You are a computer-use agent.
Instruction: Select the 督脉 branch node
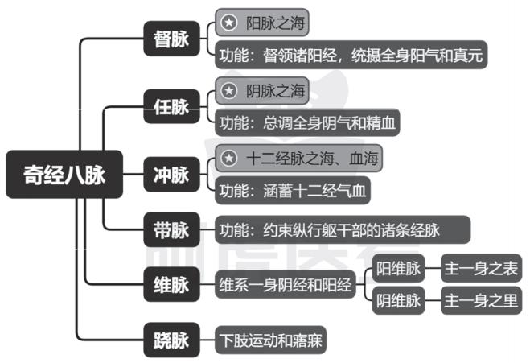tap(171, 39)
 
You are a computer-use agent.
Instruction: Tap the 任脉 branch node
tap(171, 105)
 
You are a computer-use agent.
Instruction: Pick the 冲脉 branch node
tap(171, 173)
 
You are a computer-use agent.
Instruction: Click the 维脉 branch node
tap(171, 285)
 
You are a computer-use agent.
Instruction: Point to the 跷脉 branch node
tap(171, 339)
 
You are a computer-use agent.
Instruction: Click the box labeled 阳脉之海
tap(266, 22)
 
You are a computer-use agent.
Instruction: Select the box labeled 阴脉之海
tap(266, 90)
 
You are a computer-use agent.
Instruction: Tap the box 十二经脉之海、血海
tap(298, 158)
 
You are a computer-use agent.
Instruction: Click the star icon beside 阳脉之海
tap(230, 22)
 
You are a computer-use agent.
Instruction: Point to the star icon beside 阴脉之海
tap(230, 90)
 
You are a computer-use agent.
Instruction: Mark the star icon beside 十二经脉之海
tap(230, 158)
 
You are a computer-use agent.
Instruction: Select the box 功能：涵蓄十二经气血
tap(294, 191)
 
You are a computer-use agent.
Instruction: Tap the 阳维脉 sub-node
tap(400, 269)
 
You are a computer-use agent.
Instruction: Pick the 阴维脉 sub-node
tap(400, 302)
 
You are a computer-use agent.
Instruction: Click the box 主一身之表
tap(481, 269)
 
